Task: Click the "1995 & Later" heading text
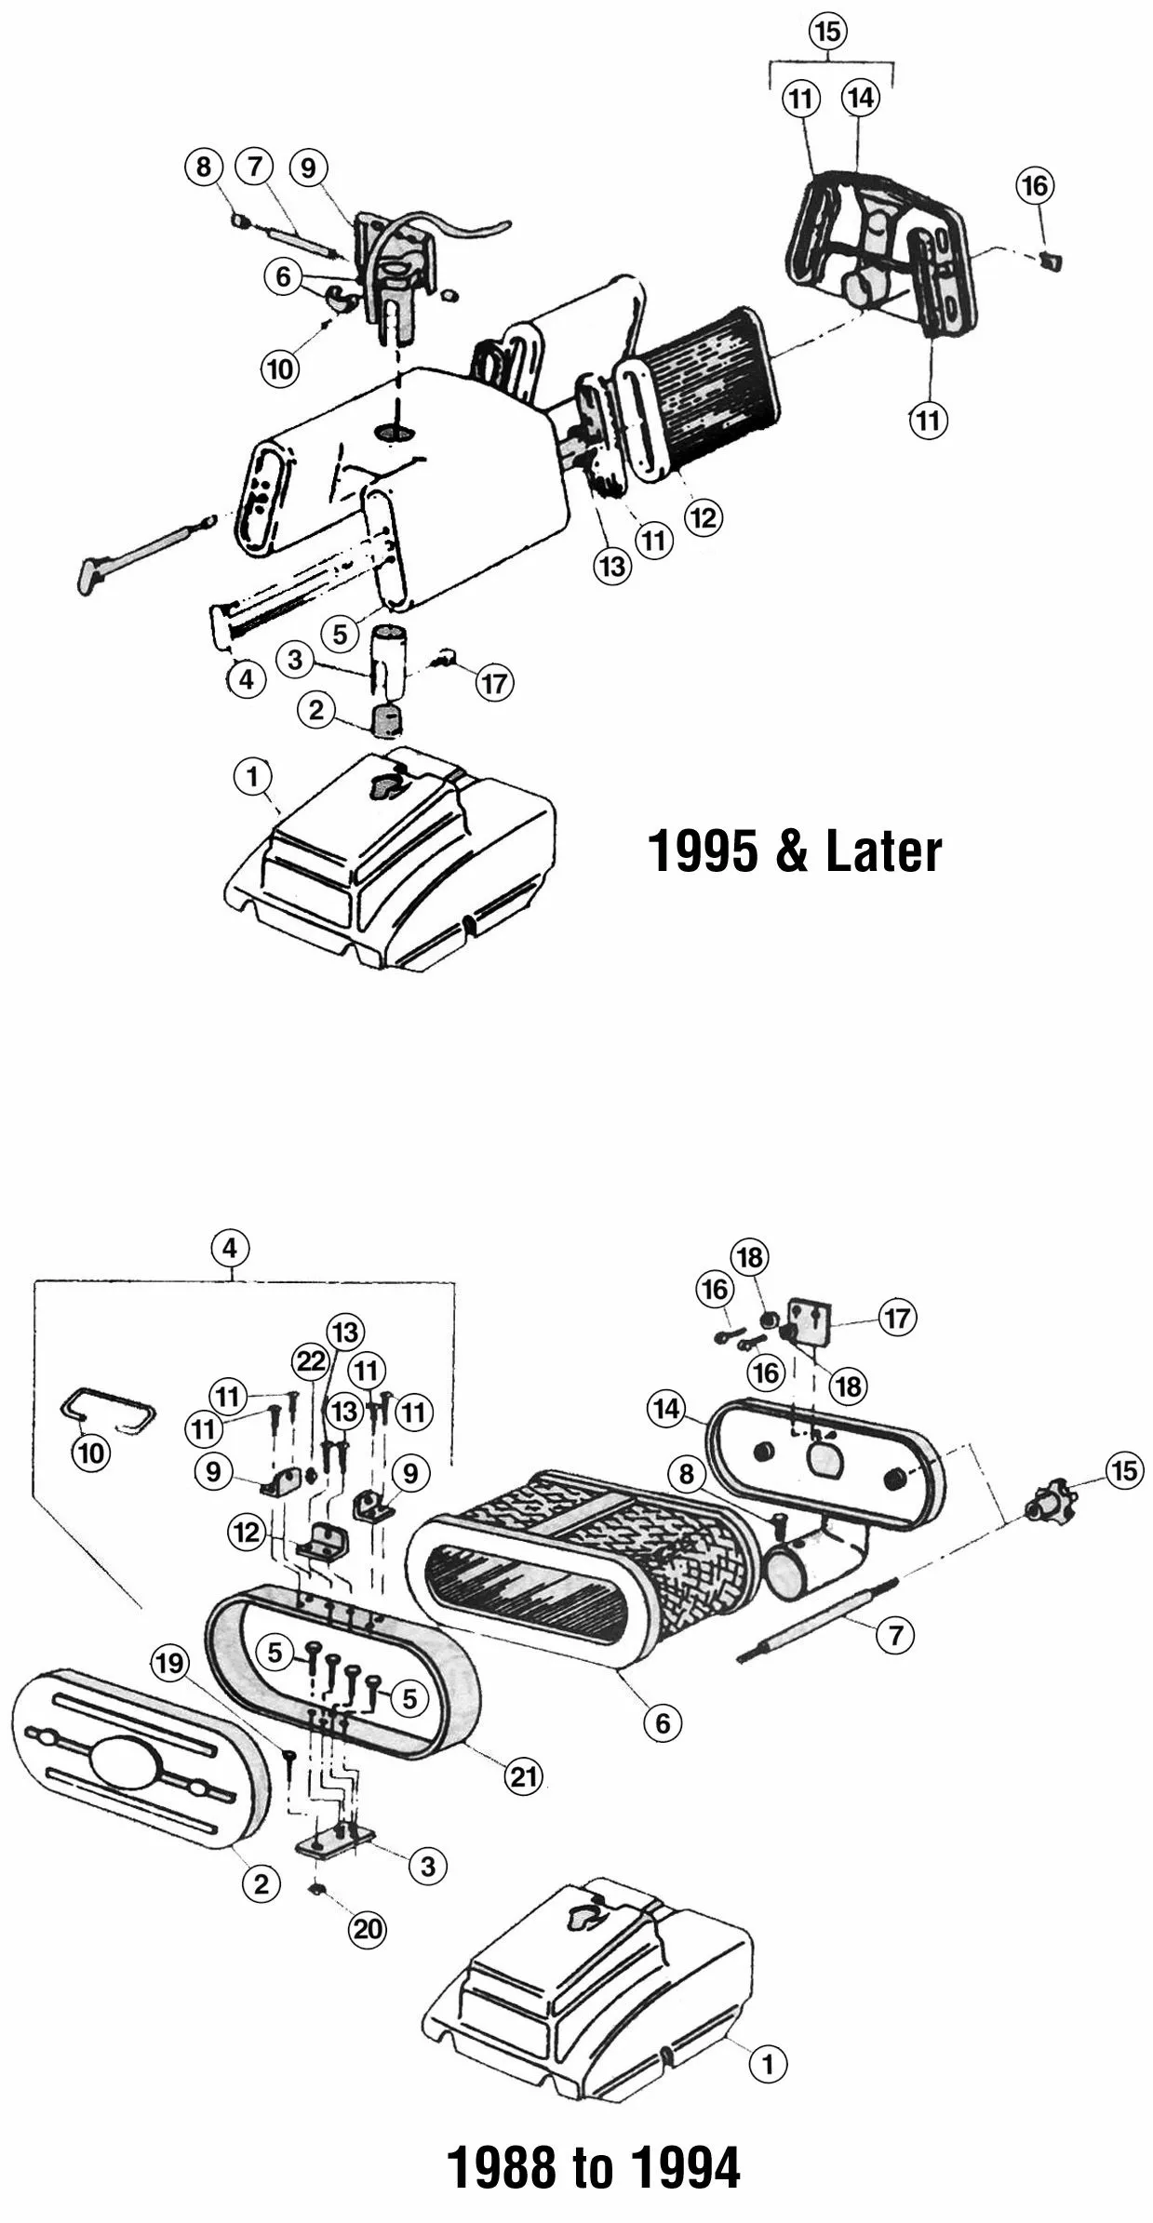pyautogui.click(x=794, y=851)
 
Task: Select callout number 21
pyautogui.click(x=523, y=1776)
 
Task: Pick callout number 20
pyautogui.click(x=367, y=1929)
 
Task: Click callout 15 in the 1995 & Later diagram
pyautogui.click(x=827, y=32)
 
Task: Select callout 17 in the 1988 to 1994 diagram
pyautogui.click(x=897, y=1318)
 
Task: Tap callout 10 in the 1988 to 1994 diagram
pyautogui.click(x=91, y=1453)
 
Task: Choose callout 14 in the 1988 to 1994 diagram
pyautogui.click(x=666, y=1410)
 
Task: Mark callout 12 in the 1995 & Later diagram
pyautogui.click(x=704, y=517)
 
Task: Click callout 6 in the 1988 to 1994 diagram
pyautogui.click(x=663, y=1722)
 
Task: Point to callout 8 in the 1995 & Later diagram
pyautogui.click(x=204, y=167)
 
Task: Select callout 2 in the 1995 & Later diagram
pyautogui.click(x=316, y=711)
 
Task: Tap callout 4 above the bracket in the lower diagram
pyautogui.click(x=231, y=1248)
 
